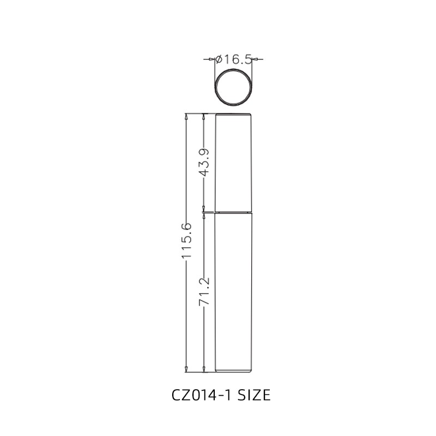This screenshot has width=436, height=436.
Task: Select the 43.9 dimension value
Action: click(204, 162)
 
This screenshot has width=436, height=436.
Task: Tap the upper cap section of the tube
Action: click(234, 162)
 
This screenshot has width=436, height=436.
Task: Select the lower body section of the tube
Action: click(234, 292)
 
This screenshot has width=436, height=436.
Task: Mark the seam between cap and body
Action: click(234, 211)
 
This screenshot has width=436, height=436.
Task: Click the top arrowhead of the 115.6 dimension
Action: click(186, 117)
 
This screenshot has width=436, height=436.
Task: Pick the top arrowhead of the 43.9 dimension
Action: click(204, 117)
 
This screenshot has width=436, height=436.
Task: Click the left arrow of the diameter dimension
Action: click(212, 59)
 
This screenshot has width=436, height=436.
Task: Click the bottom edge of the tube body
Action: click(234, 373)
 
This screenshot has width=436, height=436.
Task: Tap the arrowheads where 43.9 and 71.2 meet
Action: click(204, 211)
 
